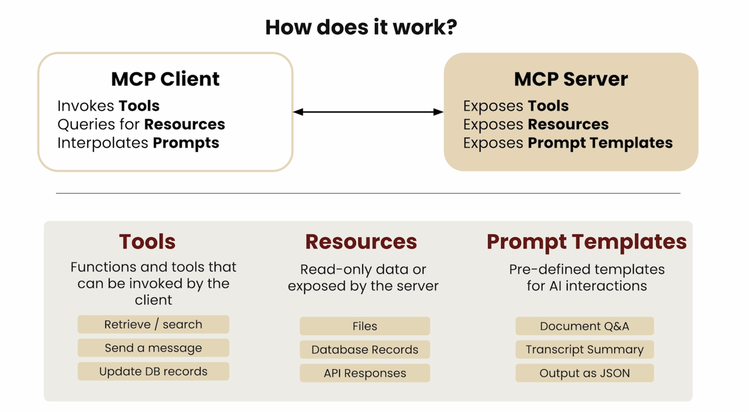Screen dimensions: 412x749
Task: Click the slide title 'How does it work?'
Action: click(361, 27)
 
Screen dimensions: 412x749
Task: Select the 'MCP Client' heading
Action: click(165, 79)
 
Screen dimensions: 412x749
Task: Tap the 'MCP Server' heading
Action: click(571, 79)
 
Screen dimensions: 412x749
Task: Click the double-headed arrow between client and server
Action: click(368, 112)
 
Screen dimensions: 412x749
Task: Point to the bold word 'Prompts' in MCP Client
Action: click(186, 143)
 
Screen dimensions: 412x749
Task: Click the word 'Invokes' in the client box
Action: click(86, 106)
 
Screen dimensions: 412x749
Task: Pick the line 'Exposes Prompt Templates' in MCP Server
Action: click(568, 143)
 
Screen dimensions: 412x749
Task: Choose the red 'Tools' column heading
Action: click(147, 242)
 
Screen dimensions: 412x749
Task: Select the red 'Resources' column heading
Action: click(361, 242)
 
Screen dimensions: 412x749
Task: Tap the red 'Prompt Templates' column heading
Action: click(586, 242)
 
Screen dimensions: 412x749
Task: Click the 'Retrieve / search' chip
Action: click(153, 324)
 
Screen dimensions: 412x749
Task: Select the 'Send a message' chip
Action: click(153, 348)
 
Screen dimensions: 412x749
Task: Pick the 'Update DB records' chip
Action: click(153, 371)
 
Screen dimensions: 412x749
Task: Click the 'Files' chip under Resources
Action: click(365, 326)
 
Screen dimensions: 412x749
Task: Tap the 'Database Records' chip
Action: click(365, 350)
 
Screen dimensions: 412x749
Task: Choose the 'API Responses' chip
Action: click(365, 373)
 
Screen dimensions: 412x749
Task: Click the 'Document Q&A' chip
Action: click(584, 326)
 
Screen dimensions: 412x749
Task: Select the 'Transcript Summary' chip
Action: click(584, 350)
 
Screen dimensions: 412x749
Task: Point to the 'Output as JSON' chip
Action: click(584, 373)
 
